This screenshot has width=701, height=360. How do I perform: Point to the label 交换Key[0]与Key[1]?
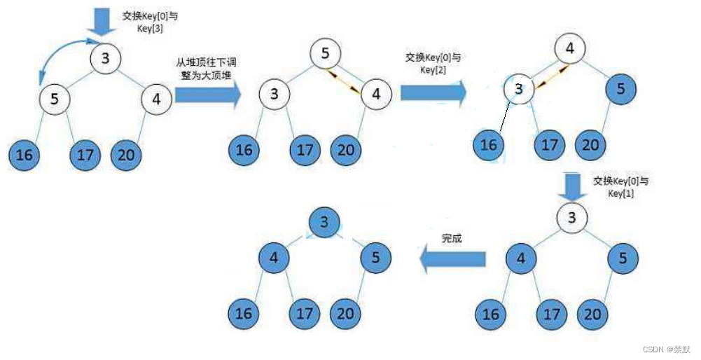pyautogui.click(x=620, y=187)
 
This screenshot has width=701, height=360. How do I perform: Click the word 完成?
pyautogui.click(x=452, y=239)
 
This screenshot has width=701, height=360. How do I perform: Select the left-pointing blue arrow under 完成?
pyautogui.click(x=452, y=260)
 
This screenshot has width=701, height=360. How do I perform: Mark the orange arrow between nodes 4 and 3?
pyautogui.click(x=548, y=76)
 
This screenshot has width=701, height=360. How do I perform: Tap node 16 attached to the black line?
pyautogui.click(x=491, y=145)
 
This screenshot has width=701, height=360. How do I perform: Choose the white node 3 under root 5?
pyautogui.click(x=275, y=93)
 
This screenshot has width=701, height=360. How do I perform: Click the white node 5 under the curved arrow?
pyautogui.click(x=55, y=99)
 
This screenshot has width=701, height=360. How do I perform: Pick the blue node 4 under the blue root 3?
pyautogui.click(x=275, y=258)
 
